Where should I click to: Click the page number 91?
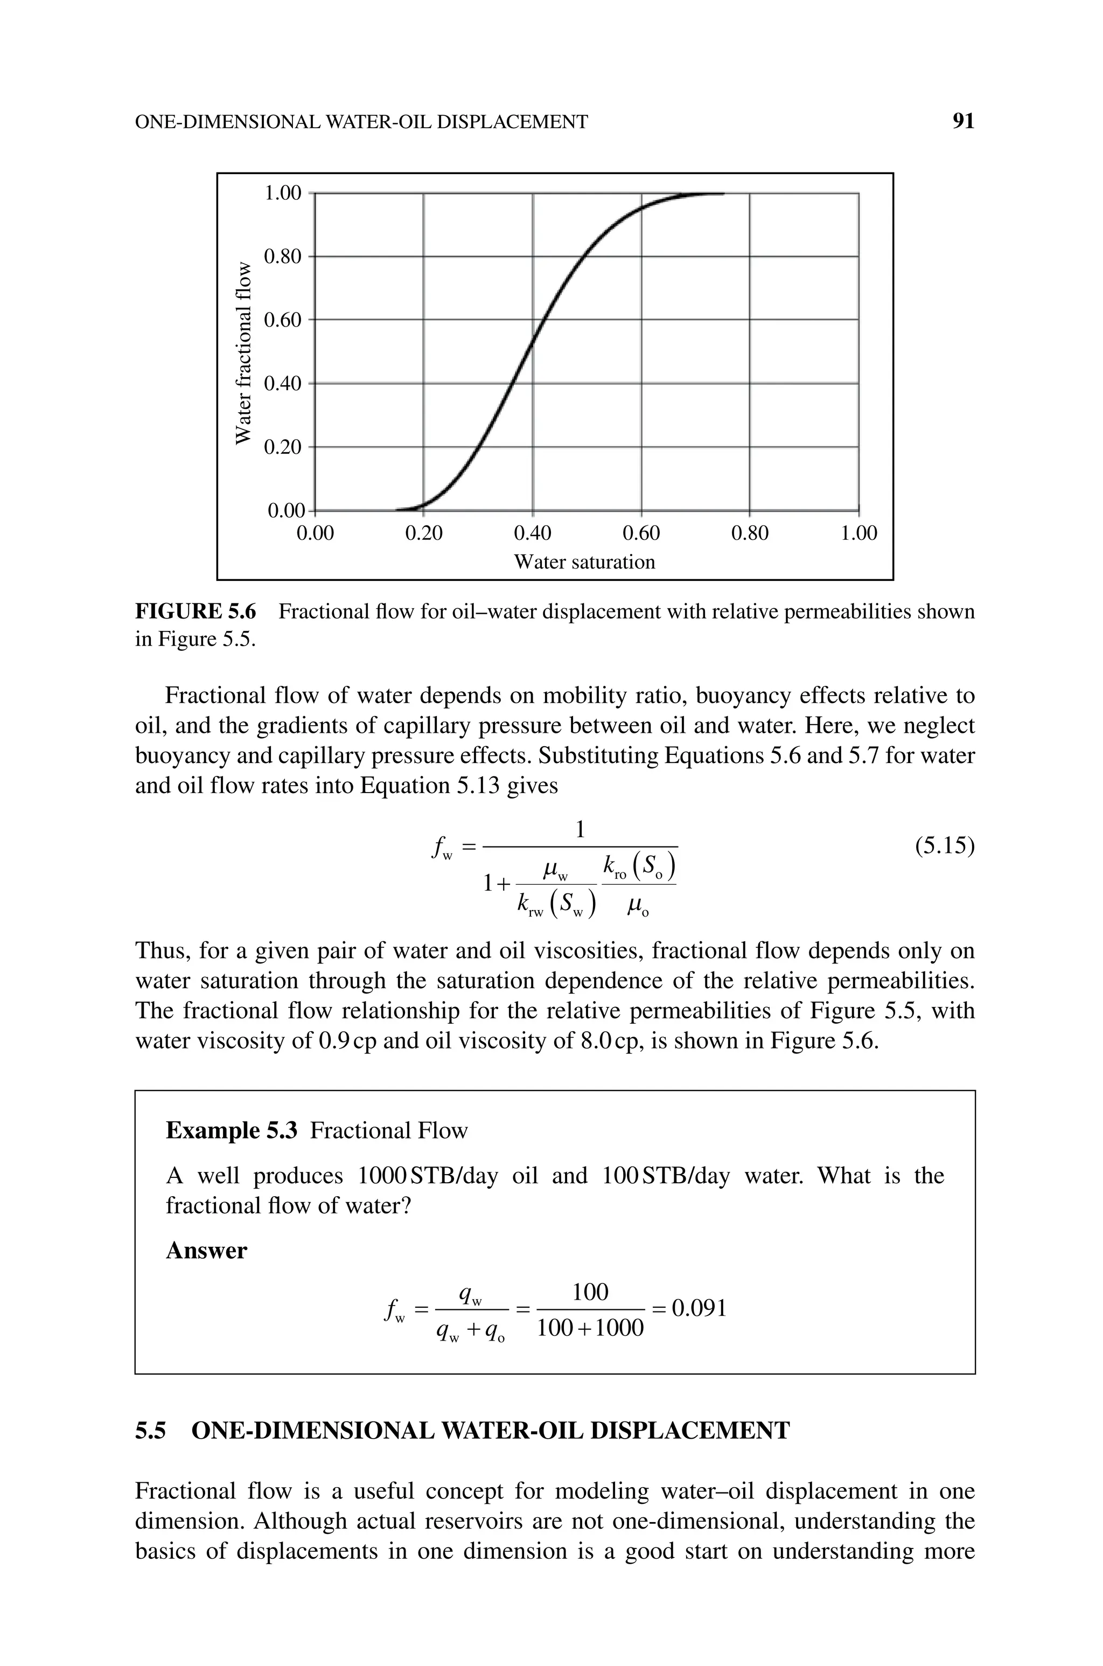point(963,122)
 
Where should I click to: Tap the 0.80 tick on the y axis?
point(282,256)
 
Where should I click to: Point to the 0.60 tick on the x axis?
point(641,533)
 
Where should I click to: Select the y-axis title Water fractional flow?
point(243,352)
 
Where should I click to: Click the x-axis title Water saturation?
point(584,562)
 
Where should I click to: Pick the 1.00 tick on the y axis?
point(282,193)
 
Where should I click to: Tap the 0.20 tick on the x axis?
point(424,533)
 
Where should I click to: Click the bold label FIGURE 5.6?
point(196,612)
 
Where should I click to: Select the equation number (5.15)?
point(944,846)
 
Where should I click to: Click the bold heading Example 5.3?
point(232,1130)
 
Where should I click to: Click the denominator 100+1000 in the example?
point(590,1328)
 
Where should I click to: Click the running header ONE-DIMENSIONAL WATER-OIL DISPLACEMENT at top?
point(361,122)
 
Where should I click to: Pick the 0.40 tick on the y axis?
point(282,384)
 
